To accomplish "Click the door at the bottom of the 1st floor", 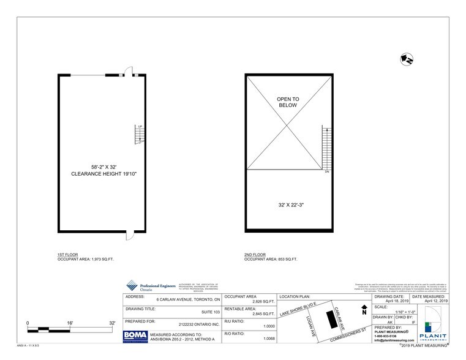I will pyautogui.click(x=127, y=234).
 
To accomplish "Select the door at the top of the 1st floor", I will pyautogui.click(x=128, y=71).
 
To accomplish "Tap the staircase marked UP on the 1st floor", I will pyautogui.click(x=140, y=134).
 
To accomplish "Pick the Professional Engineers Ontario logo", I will pyautogui.click(x=150, y=286).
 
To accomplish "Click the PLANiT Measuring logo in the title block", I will pyautogui.click(x=435, y=329).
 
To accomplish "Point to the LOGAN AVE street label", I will pyautogui.click(x=311, y=326).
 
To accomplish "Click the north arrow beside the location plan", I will pyautogui.click(x=364, y=309).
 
